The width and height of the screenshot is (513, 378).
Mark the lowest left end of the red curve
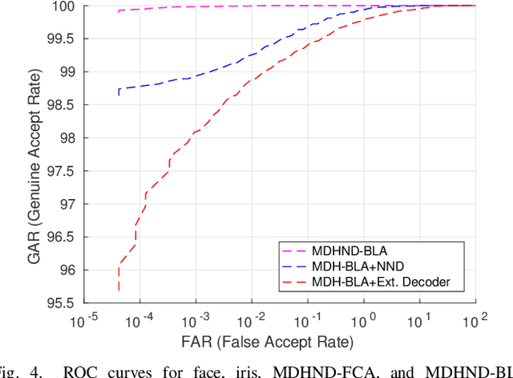pyautogui.click(x=119, y=290)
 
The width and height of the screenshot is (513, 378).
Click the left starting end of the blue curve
pyautogui.click(x=119, y=94)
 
